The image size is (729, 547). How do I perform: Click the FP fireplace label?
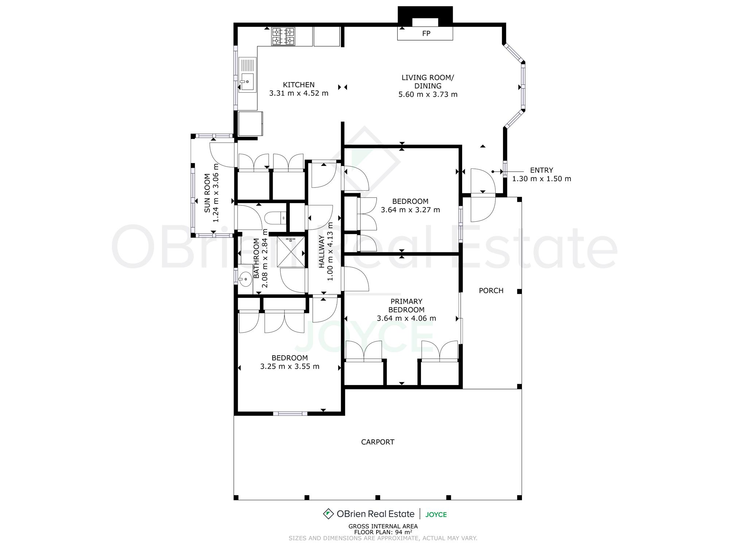tap(426, 34)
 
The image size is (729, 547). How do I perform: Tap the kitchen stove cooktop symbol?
tap(283, 36)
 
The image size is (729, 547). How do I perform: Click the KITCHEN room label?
tap(299, 85)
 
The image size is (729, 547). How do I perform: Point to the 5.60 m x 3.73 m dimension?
tap(428, 94)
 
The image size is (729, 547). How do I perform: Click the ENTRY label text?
tap(541, 170)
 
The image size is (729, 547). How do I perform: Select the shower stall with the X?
tap(291, 252)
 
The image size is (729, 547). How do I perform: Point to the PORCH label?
tap(491, 291)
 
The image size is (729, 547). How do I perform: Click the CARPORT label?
tap(378, 442)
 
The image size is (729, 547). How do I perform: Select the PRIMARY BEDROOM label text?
tap(406, 306)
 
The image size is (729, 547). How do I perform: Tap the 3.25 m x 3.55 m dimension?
tap(290, 366)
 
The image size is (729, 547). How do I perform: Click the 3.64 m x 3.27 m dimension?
tap(410, 210)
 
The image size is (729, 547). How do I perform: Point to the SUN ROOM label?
tap(207, 193)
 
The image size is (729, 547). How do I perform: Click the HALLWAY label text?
tap(321, 252)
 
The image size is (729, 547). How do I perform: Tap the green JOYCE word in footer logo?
tap(436, 515)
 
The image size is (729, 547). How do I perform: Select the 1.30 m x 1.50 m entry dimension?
tap(542, 179)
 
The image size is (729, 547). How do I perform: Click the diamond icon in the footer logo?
tap(328, 514)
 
